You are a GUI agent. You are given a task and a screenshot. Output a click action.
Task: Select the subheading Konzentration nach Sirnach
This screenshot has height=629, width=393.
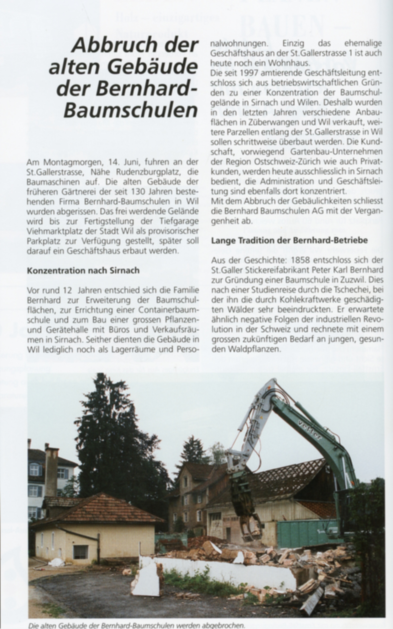click(x=83, y=270)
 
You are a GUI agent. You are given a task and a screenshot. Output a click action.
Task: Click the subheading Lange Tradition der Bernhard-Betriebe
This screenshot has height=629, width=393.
click(x=289, y=241)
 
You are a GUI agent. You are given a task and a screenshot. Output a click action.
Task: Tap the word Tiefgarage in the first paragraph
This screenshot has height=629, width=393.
click(x=179, y=221)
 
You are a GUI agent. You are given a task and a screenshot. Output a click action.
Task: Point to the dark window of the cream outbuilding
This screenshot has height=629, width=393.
click(x=81, y=552)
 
